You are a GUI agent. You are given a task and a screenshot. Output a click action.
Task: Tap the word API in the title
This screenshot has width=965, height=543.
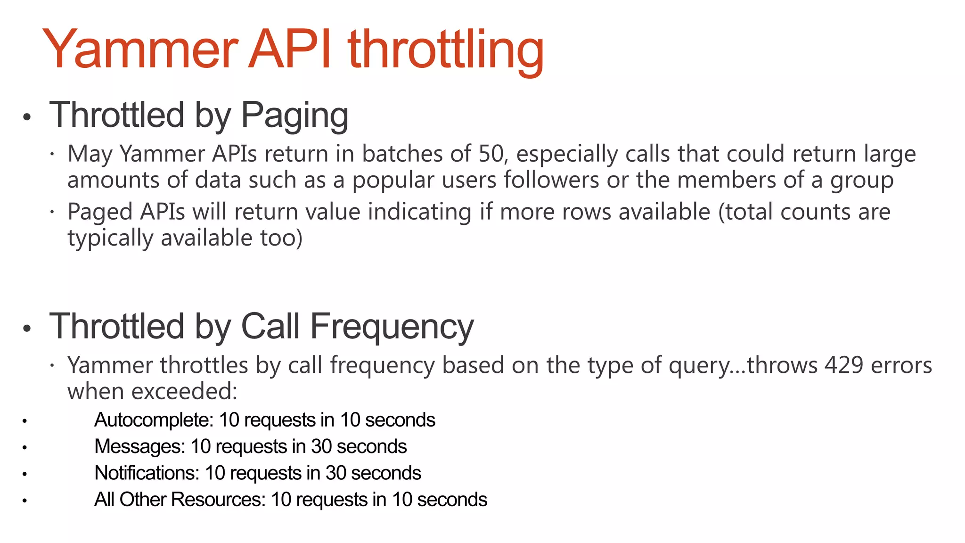click(x=295, y=49)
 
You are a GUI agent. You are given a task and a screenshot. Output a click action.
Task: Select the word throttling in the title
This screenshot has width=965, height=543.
click(x=445, y=49)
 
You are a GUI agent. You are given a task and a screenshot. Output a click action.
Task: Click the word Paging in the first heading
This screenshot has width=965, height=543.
click(x=294, y=115)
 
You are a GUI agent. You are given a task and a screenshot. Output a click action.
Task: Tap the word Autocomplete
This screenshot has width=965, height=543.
click(x=154, y=420)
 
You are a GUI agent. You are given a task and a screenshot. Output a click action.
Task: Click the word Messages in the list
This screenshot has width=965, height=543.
click(x=139, y=446)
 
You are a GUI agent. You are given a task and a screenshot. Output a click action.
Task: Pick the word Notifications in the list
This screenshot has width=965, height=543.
click(x=147, y=473)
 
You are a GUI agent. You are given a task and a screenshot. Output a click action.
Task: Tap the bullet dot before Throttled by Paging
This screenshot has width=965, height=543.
click(x=27, y=117)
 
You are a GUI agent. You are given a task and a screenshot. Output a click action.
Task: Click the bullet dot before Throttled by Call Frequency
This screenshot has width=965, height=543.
click(x=27, y=328)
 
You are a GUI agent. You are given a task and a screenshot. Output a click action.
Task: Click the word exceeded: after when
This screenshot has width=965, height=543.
click(x=184, y=392)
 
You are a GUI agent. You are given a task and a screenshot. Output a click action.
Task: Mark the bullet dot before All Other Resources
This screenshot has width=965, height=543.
click(x=25, y=500)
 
